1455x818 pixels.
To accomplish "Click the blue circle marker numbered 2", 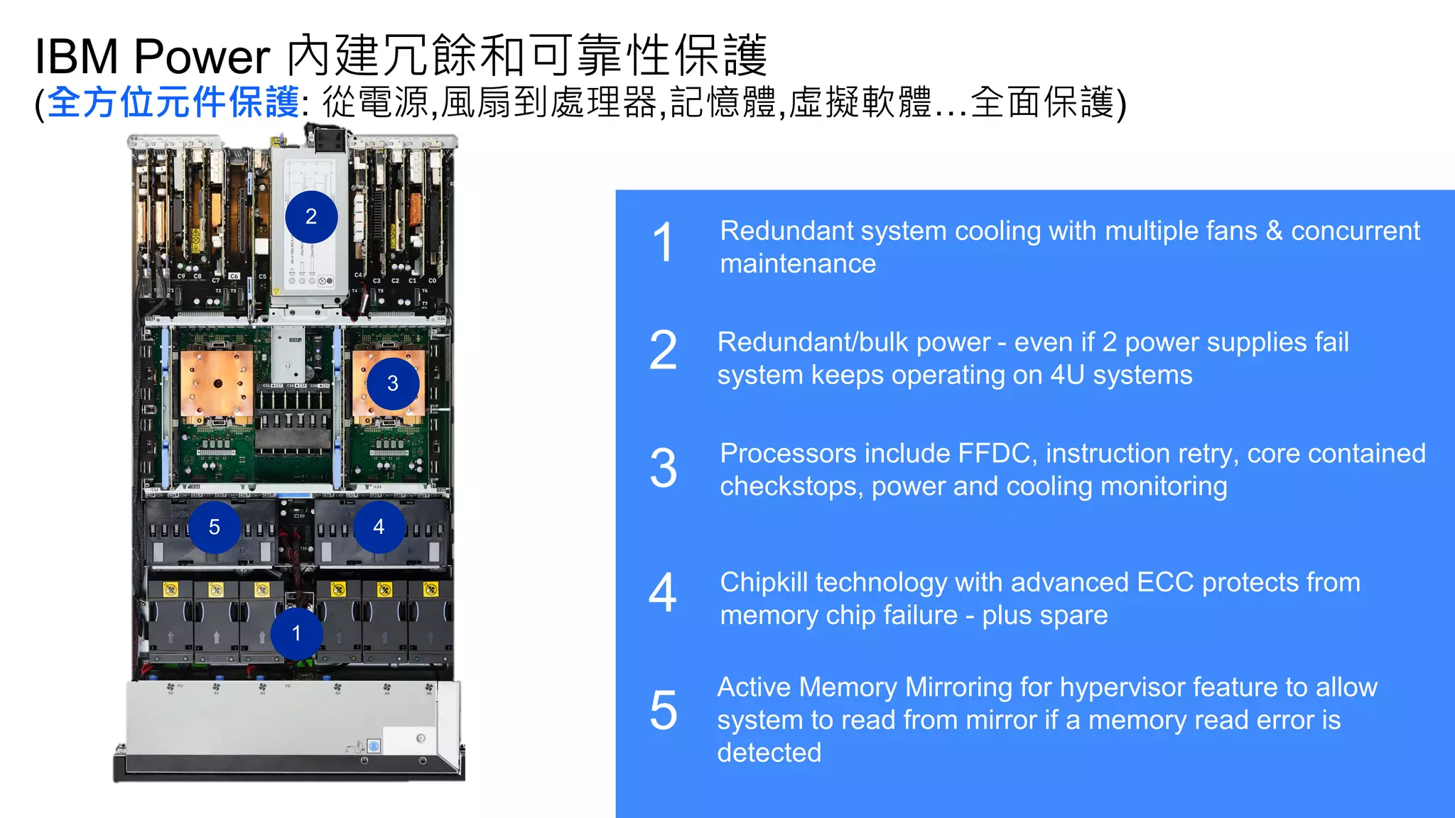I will click(311, 217).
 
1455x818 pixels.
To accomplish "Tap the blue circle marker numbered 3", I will click(392, 383).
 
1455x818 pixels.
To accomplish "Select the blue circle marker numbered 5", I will click(215, 527).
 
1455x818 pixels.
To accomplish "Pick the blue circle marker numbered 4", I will click(379, 526).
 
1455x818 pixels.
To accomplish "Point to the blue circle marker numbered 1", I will click(296, 633).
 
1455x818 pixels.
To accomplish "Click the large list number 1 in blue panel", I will click(662, 242).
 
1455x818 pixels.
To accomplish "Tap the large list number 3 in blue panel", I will click(663, 469).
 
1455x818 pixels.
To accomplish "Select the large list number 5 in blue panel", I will click(663, 710).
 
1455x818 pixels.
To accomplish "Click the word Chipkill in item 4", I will click(764, 582).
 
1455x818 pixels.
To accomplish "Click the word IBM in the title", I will click(76, 57).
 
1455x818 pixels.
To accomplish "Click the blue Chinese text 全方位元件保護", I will click(173, 102).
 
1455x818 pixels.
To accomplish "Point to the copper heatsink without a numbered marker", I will click(217, 387).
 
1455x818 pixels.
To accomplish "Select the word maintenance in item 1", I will click(797, 264).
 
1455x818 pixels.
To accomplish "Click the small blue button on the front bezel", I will click(374, 746).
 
